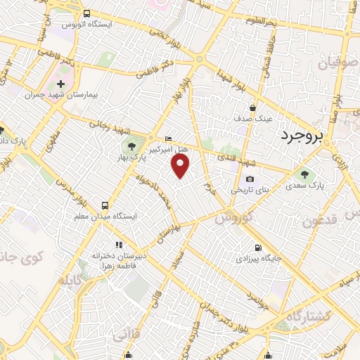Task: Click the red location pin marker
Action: (181, 166)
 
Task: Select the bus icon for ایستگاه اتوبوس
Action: (86, 13)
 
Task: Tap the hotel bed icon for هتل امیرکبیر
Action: (167, 138)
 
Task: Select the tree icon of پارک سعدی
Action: (304, 174)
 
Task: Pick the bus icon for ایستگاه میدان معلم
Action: (105, 205)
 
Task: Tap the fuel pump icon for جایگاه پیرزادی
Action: (259, 247)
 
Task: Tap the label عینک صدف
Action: (254, 117)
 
